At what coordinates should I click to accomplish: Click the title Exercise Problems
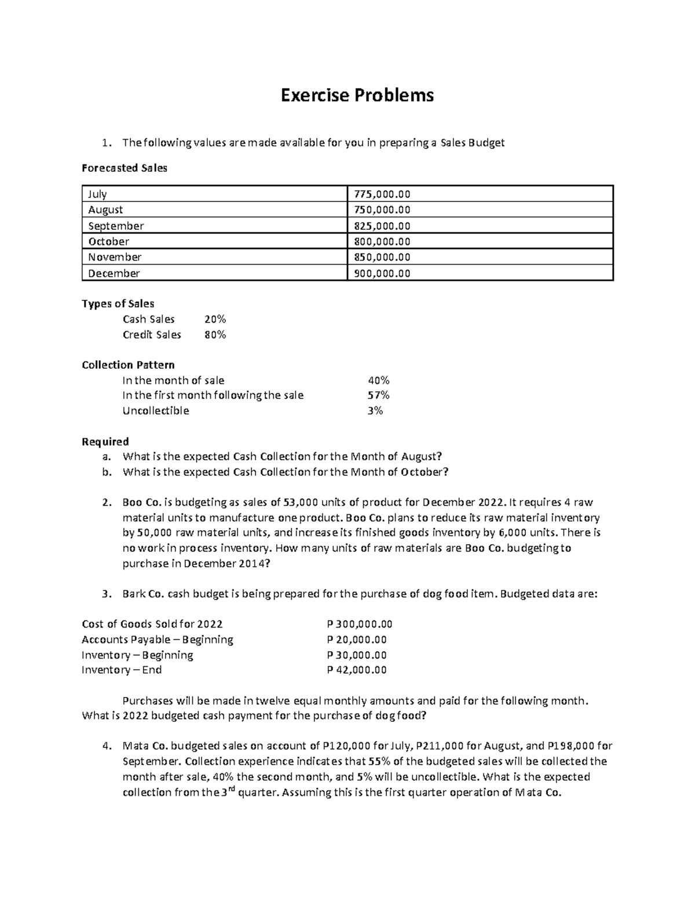coord(357,95)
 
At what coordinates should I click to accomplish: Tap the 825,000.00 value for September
coord(381,226)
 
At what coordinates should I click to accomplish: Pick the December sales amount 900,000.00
coord(381,273)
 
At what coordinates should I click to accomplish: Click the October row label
coord(108,241)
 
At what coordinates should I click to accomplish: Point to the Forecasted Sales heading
coord(125,168)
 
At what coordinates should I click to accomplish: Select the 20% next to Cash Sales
coord(215,319)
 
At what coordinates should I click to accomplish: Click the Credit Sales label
coord(152,335)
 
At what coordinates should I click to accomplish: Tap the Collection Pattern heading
coord(128,365)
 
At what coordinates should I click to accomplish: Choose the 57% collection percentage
coord(378,395)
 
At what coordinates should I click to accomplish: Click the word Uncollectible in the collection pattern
coord(155,410)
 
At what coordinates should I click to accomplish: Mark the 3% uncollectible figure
coord(375,410)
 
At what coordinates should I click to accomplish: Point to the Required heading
coord(105,442)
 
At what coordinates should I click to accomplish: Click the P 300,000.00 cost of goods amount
coord(359,624)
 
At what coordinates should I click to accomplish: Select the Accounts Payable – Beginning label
coord(157,640)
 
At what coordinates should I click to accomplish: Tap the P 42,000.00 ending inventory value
coord(356,670)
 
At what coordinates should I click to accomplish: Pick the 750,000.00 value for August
coord(381,210)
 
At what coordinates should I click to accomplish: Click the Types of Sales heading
coord(118,303)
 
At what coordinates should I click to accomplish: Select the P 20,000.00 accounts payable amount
coord(356,640)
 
